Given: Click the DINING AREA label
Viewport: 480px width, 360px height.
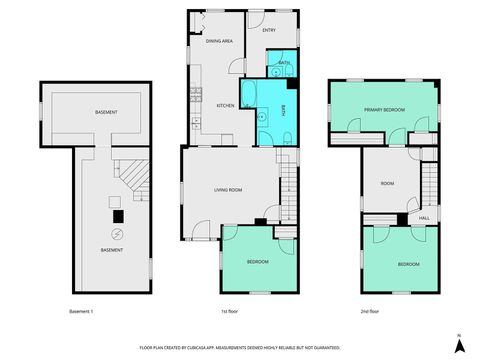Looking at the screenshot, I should tap(219, 41).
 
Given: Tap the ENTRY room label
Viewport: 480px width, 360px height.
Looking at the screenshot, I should tap(269, 30).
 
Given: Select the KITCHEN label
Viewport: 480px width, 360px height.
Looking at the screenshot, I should tap(225, 104).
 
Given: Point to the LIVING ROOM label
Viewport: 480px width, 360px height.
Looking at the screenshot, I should tap(230, 188).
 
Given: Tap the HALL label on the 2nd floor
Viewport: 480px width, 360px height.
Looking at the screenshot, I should tap(424, 217).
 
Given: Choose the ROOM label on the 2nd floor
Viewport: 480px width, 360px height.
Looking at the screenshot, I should tap(388, 183).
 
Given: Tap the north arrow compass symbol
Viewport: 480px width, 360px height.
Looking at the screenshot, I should tap(458, 345).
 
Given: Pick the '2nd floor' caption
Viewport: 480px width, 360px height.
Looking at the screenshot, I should tap(370, 311).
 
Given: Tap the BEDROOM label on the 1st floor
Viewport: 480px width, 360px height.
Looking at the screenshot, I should tap(258, 263).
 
